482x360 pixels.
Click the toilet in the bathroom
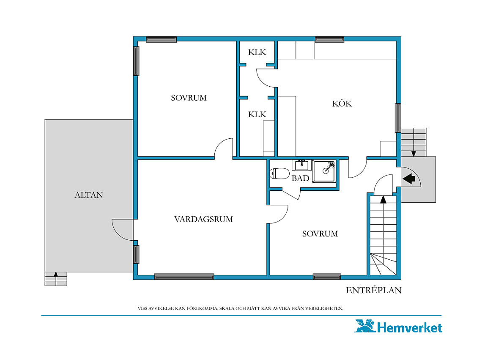[x=279, y=173]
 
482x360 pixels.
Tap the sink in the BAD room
[x=302, y=165]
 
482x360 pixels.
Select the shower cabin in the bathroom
[x=324, y=171]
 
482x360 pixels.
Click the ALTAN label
[x=89, y=195]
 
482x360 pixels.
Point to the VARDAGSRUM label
[x=203, y=219]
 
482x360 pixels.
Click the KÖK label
[x=342, y=103]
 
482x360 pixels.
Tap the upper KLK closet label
[x=257, y=52]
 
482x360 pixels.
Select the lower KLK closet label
[x=257, y=115]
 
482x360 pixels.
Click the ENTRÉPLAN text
[x=373, y=290]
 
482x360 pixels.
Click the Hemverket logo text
[x=410, y=327]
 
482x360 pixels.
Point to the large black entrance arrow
[x=409, y=179]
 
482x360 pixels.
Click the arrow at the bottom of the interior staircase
[x=383, y=200]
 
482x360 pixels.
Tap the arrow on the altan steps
[x=56, y=275]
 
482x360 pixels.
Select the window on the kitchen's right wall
[x=398, y=118]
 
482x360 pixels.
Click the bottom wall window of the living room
[x=184, y=277]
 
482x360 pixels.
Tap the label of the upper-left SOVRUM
[x=189, y=98]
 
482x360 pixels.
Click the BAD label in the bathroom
[x=300, y=178]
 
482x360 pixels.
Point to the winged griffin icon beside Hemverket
[x=365, y=326]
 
